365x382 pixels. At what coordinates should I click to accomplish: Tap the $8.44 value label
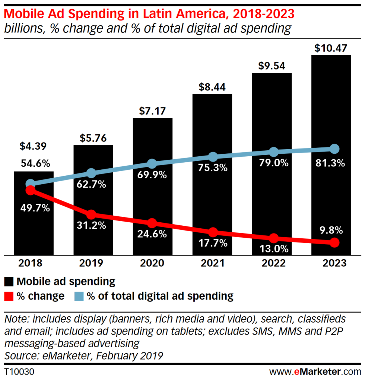point(212,88)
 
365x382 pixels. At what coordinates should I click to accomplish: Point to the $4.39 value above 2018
point(34,146)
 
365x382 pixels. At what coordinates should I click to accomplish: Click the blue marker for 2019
point(91,173)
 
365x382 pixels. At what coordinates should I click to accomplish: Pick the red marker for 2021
point(213,232)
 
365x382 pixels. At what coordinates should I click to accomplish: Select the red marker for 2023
point(334,243)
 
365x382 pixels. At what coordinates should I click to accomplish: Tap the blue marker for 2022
point(274,152)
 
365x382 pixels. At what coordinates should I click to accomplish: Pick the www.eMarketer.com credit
point(315,372)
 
